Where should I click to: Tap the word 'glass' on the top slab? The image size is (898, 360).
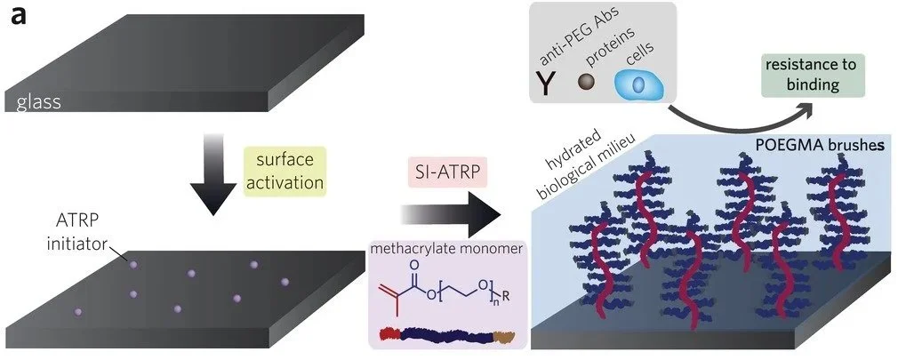coord(37,103)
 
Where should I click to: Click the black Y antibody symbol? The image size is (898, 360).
coord(543,84)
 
